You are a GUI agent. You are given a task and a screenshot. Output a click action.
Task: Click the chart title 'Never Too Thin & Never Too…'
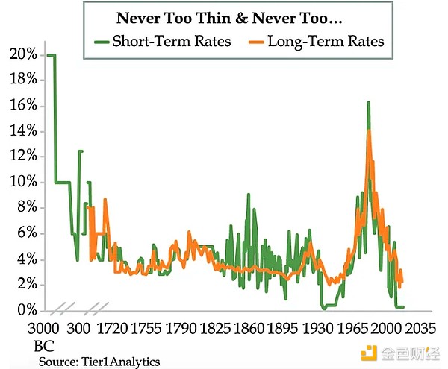(x=230, y=17)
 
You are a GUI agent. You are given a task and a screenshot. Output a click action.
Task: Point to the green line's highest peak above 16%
(x=368, y=102)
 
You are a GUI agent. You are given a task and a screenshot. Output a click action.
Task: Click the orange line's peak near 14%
(x=369, y=131)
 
